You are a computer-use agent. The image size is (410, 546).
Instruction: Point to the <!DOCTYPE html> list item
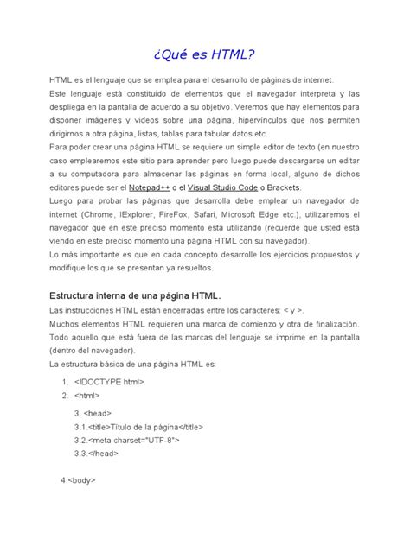109,381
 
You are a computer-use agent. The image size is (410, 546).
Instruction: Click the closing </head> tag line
99,452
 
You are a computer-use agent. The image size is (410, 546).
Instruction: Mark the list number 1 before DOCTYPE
65,381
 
